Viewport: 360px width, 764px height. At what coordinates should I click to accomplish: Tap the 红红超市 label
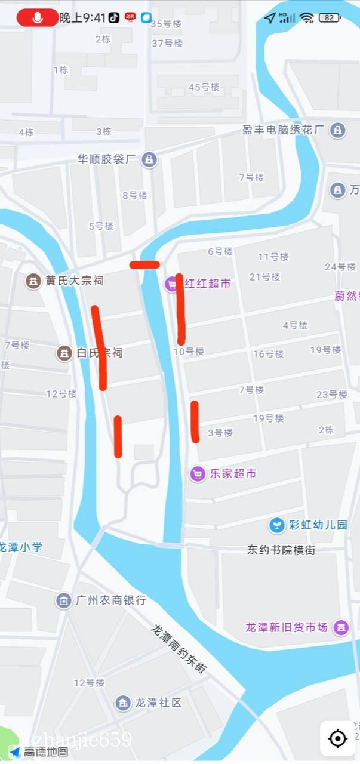[x=207, y=284]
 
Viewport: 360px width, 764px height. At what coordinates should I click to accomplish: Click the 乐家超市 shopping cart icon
[x=198, y=474]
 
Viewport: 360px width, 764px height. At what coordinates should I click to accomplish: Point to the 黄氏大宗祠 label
[x=74, y=281]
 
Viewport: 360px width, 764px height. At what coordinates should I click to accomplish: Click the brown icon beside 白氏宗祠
[x=64, y=353]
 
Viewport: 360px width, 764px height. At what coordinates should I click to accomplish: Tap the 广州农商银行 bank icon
[x=64, y=600]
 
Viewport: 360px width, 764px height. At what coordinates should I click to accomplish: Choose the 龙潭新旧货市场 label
[x=287, y=627]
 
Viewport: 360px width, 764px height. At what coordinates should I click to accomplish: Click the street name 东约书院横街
[x=281, y=550]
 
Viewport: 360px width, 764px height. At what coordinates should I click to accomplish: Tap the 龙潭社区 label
[x=158, y=703]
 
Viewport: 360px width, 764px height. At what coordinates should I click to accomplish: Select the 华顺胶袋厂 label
[x=107, y=159]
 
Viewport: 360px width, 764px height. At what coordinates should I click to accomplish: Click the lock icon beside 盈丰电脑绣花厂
[x=338, y=130]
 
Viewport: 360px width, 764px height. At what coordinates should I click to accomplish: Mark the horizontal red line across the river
[x=144, y=264]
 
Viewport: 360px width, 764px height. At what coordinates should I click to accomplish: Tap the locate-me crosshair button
[x=338, y=739]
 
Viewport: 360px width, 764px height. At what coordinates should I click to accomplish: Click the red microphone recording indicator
[x=37, y=18]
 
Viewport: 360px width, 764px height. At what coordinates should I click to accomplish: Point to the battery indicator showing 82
[x=330, y=18]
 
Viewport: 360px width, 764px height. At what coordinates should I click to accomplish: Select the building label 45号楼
[x=204, y=87]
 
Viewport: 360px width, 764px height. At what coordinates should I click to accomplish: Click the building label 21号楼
[x=264, y=277]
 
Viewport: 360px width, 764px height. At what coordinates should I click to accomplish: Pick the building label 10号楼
[x=189, y=352]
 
